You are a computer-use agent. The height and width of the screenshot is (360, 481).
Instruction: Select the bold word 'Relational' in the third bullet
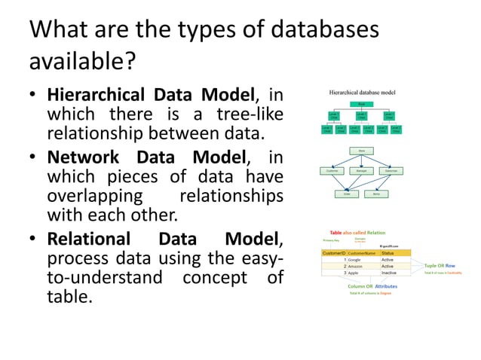(90, 239)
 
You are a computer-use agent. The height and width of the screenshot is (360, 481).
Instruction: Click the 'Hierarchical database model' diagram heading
(362, 93)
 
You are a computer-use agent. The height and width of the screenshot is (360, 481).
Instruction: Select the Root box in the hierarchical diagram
(362, 104)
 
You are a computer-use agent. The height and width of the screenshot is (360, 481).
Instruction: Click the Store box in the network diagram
(362, 151)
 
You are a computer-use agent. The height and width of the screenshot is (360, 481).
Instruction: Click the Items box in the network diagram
(377, 194)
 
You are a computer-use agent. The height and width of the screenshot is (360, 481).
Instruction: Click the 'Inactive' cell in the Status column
(389, 273)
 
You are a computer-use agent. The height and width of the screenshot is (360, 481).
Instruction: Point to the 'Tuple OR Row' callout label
(440, 266)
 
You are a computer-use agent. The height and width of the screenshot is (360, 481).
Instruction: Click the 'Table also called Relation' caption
(357, 233)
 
